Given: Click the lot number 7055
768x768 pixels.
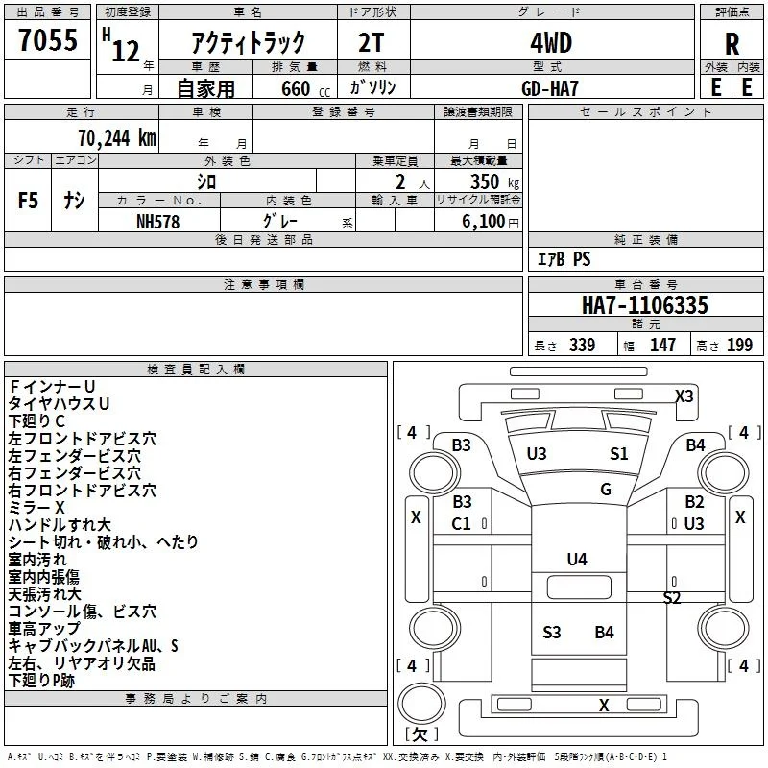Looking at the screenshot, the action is pyautogui.click(x=48, y=39).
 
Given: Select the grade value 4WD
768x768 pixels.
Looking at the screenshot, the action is pyautogui.click(x=551, y=43).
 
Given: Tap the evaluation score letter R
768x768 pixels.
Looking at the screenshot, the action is pyautogui.click(x=732, y=44).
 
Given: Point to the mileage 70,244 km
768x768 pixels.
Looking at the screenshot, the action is pyautogui.click(x=117, y=138).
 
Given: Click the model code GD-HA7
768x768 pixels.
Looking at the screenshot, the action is pyautogui.click(x=550, y=88).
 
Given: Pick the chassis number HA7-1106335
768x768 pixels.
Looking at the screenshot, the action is pyautogui.click(x=644, y=305).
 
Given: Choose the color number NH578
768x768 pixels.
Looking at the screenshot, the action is pyautogui.click(x=157, y=222).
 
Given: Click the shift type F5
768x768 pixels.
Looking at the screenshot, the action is pyautogui.click(x=28, y=201).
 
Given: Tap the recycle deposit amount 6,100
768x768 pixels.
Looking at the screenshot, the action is pyautogui.click(x=484, y=222).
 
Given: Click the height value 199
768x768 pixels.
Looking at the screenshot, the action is pyautogui.click(x=739, y=345).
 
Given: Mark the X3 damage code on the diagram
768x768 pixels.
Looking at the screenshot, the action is pyautogui.click(x=684, y=396).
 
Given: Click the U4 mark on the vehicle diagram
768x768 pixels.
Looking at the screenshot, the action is pyautogui.click(x=577, y=559).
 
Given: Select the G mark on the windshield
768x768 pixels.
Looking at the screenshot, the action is pyautogui.click(x=606, y=489).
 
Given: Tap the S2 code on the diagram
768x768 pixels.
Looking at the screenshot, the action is pyautogui.click(x=672, y=597).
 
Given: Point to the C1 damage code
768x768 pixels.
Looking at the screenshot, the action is pyautogui.click(x=461, y=524).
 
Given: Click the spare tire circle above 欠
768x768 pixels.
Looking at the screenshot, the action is pyautogui.click(x=421, y=703).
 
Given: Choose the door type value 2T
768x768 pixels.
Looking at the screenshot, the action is pyautogui.click(x=371, y=43).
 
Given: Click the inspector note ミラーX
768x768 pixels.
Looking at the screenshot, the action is pyautogui.click(x=36, y=508).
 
